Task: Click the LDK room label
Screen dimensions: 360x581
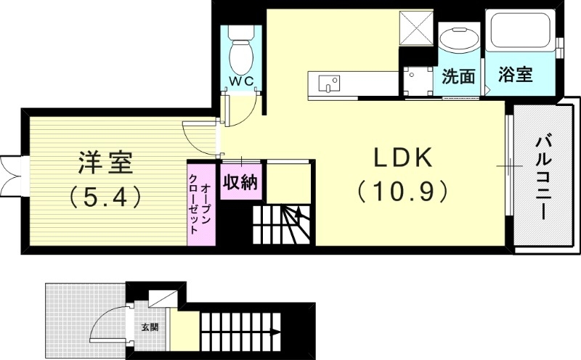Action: click(x=403, y=157)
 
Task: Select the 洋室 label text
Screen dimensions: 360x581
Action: click(x=106, y=162)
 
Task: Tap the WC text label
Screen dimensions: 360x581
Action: click(x=241, y=81)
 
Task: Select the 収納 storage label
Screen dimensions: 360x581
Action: click(x=240, y=182)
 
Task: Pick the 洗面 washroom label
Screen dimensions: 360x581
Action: click(x=458, y=76)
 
